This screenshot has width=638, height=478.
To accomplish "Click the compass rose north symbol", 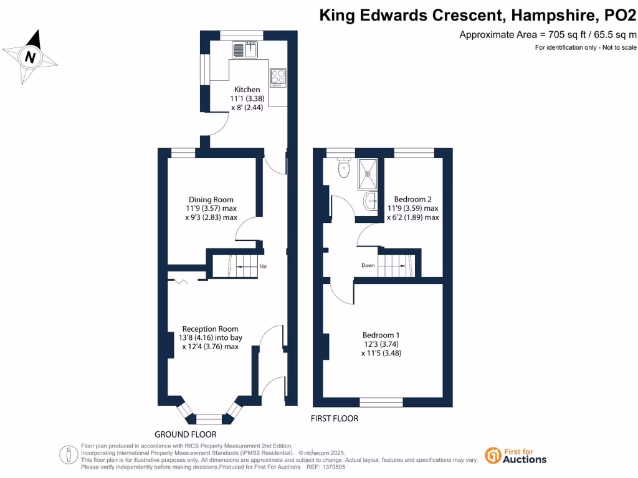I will click(x=30, y=57).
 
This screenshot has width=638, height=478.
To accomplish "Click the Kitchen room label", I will click(x=247, y=90).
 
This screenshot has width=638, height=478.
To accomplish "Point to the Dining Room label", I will click(x=211, y=200).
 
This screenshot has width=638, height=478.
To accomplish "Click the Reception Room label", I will click(x=210, y=329).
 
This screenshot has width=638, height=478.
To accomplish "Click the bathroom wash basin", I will click(x=371, y=200).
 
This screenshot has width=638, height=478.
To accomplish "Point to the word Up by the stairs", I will click(x=263, y=266).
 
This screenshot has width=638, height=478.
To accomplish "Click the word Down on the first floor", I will click(x=368, y=265).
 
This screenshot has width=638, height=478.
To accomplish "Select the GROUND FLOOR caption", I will click(x=186, y=434).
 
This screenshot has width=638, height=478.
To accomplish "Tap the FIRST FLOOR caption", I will click(x=335, y=419).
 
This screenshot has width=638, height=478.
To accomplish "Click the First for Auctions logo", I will click(x=515, y=456).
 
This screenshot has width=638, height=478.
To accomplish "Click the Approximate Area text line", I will click(x=548, y=35).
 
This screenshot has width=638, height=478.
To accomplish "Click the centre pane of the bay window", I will click(x=209, y=418).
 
